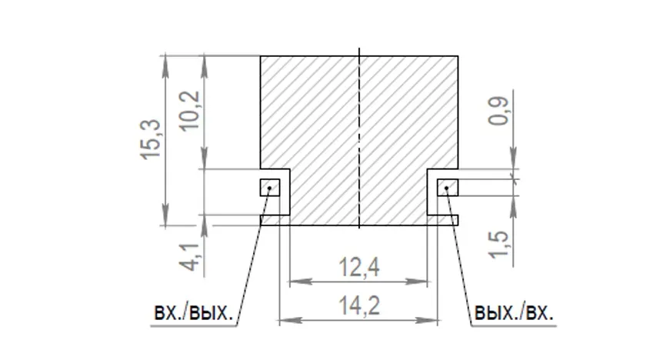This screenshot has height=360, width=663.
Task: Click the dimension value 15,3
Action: point(151,139)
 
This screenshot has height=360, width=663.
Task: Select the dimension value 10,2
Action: point(190,112)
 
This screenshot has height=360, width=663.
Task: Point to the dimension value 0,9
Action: point(498,112)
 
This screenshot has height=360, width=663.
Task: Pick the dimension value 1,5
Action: point(499,244)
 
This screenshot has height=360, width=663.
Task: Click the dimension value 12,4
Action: point(359,268)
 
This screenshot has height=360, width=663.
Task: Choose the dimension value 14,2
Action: point(359,305)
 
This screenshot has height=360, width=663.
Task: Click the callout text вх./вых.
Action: point(194,313)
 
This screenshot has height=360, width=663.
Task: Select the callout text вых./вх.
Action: point(514,313)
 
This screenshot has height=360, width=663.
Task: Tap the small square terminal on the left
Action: point(270,188)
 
